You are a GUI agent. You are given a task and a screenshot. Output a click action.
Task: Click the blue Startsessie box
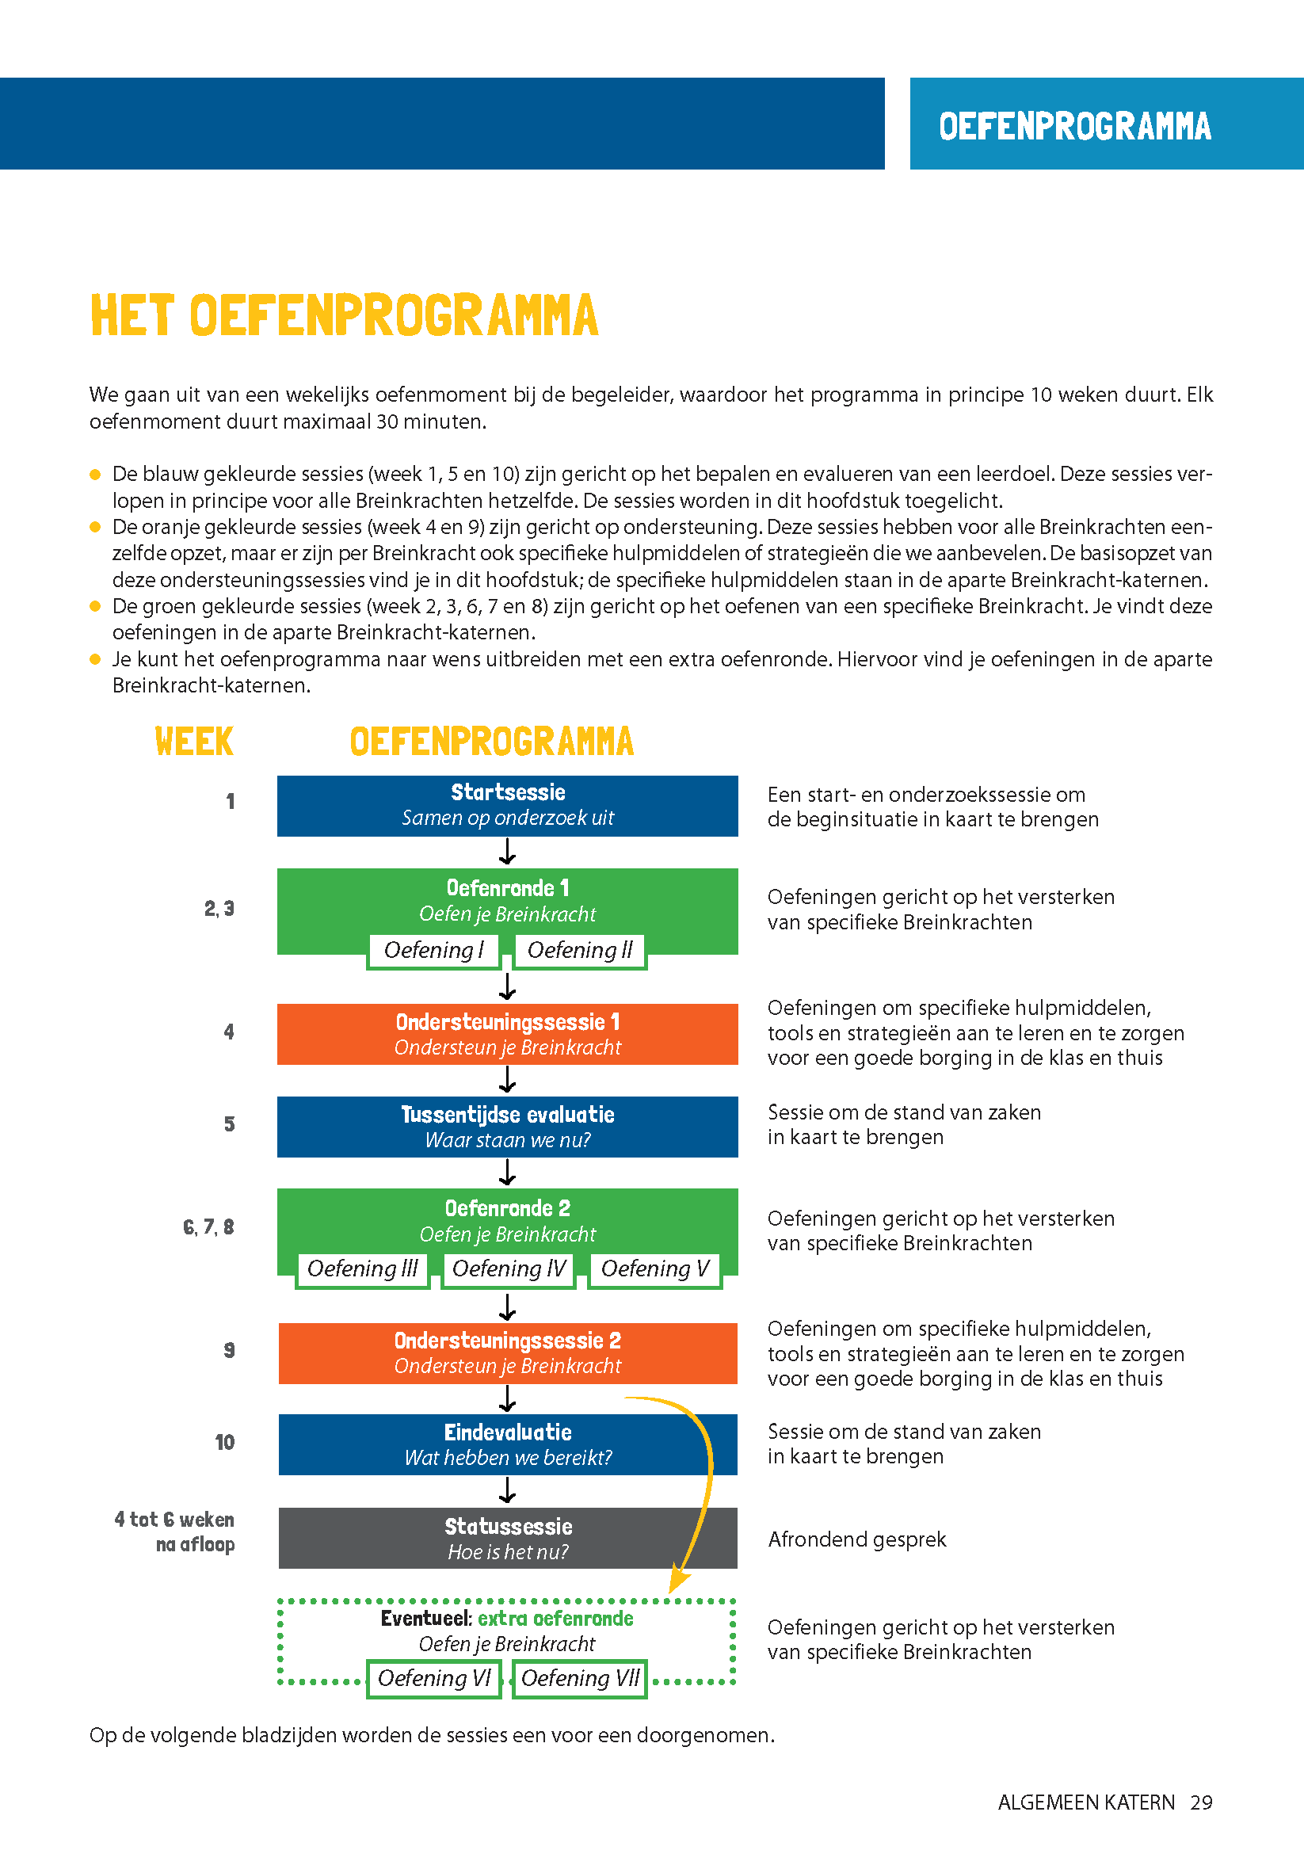(508, 805)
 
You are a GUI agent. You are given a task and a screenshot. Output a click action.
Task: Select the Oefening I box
(433, 951)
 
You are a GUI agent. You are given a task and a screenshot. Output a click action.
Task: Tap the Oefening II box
(580, 951)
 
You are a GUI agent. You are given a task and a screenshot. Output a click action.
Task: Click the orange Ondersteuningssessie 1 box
(508, 1034)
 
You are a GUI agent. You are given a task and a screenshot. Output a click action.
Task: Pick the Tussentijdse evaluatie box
(508, 1127)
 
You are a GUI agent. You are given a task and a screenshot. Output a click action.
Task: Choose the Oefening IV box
(509, 1269)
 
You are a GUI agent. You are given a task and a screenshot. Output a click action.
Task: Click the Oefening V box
(655, 1269)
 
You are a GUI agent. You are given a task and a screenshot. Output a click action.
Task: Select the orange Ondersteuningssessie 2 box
(508, 1353)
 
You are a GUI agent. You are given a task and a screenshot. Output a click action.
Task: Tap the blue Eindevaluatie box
(508, 1444)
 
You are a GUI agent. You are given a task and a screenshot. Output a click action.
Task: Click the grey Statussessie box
(508, 1537)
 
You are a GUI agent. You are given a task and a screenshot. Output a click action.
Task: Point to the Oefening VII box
(580, 1678)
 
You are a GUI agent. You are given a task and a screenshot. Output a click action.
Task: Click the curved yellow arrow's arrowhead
(678, 1581)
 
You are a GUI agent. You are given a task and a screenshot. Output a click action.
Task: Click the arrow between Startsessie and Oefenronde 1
(508, 852)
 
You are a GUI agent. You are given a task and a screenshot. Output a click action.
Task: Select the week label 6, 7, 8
(208, 1227)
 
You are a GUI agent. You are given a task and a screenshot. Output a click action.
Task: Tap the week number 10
(225, 1442)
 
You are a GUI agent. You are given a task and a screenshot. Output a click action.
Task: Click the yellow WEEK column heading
(194, 742)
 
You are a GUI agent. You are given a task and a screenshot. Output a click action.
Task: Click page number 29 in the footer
(1201, 1802)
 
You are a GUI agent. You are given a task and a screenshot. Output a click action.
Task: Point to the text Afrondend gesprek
(857, 1539)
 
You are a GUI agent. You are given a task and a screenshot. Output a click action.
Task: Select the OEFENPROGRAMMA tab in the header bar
(1074, 126)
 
